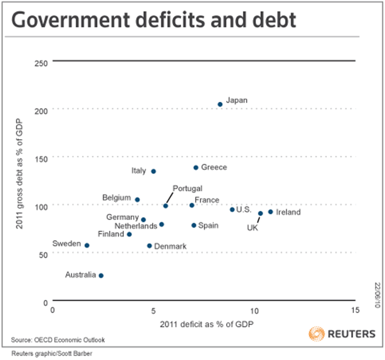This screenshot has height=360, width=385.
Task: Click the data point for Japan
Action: (x=220, y=104)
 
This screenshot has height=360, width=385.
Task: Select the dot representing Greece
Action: (x=196, y=168)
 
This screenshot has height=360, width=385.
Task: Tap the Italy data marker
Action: (x=153, y=171)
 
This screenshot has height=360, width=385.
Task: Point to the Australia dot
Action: (x=101, y=275)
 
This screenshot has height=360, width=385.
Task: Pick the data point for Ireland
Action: (x=270, y=212)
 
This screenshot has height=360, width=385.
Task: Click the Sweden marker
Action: (x=87, y=245)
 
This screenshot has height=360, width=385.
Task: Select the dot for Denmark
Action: (x=150, y=246)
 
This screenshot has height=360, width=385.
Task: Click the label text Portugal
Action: (x=187, y=188)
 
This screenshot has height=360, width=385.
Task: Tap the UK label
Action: (x=253, y=228)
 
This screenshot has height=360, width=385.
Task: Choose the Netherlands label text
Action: (x=136, y=226)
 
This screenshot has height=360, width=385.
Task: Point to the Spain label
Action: (x=208, y=225)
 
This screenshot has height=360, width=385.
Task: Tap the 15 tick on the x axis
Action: (x=355, y=310)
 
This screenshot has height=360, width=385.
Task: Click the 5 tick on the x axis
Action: (x=153, y=310)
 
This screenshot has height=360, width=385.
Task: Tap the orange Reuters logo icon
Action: (x=316, y=334)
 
